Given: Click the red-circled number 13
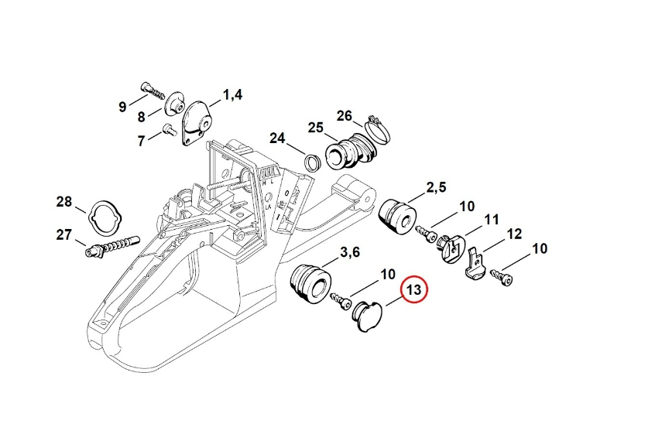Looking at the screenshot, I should click(x=413, y=290).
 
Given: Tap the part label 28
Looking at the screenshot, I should click(x=63, y=203).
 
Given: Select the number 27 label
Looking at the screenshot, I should click(x=63, y=234).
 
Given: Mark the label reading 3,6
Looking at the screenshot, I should click(x=351, y=252).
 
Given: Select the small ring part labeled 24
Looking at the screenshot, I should click(x=314, y=162).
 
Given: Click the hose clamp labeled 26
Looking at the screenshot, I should click(x=377, y=129).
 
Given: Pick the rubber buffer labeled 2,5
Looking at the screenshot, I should click(x=401, y=215).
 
